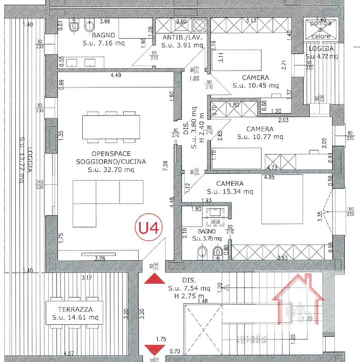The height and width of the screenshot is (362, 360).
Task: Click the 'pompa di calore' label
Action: [321, 28]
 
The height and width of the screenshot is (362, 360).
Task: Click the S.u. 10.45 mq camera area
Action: [255, 85]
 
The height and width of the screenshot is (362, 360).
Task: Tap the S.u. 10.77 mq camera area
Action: [260, 137]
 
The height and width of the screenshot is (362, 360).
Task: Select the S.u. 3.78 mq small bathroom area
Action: [207, 238]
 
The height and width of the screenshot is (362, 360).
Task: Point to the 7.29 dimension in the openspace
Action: [165, 166]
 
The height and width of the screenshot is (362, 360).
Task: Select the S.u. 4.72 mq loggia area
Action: [321, 56]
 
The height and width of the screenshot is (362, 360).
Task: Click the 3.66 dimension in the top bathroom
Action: [105, 21]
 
